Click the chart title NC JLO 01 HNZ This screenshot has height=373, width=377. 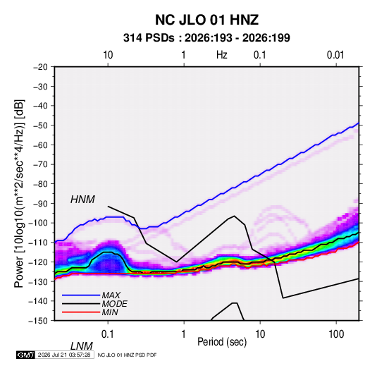point(206,20)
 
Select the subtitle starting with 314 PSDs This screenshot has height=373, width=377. point(206,38)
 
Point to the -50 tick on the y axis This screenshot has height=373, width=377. point(40,126)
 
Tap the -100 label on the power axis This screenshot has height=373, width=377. point(38,223)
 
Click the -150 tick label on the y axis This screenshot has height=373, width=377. point(38,321)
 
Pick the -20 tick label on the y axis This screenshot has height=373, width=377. point(40,67)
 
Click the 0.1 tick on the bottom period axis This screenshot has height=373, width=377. point(108,334)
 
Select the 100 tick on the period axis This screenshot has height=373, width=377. point(336,334)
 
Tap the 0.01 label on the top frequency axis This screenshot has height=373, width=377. point(335,55)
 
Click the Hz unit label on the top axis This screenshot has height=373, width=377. point(222,55)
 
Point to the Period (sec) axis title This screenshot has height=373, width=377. point(222,342)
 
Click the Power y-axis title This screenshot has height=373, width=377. point(19,194)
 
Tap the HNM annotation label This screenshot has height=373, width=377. point(82,200)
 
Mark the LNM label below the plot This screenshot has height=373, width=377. point(82,346)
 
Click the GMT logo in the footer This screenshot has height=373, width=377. point(26,355)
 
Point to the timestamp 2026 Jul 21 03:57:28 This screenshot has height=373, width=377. point(64,355)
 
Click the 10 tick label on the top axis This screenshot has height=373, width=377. point(108,55)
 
